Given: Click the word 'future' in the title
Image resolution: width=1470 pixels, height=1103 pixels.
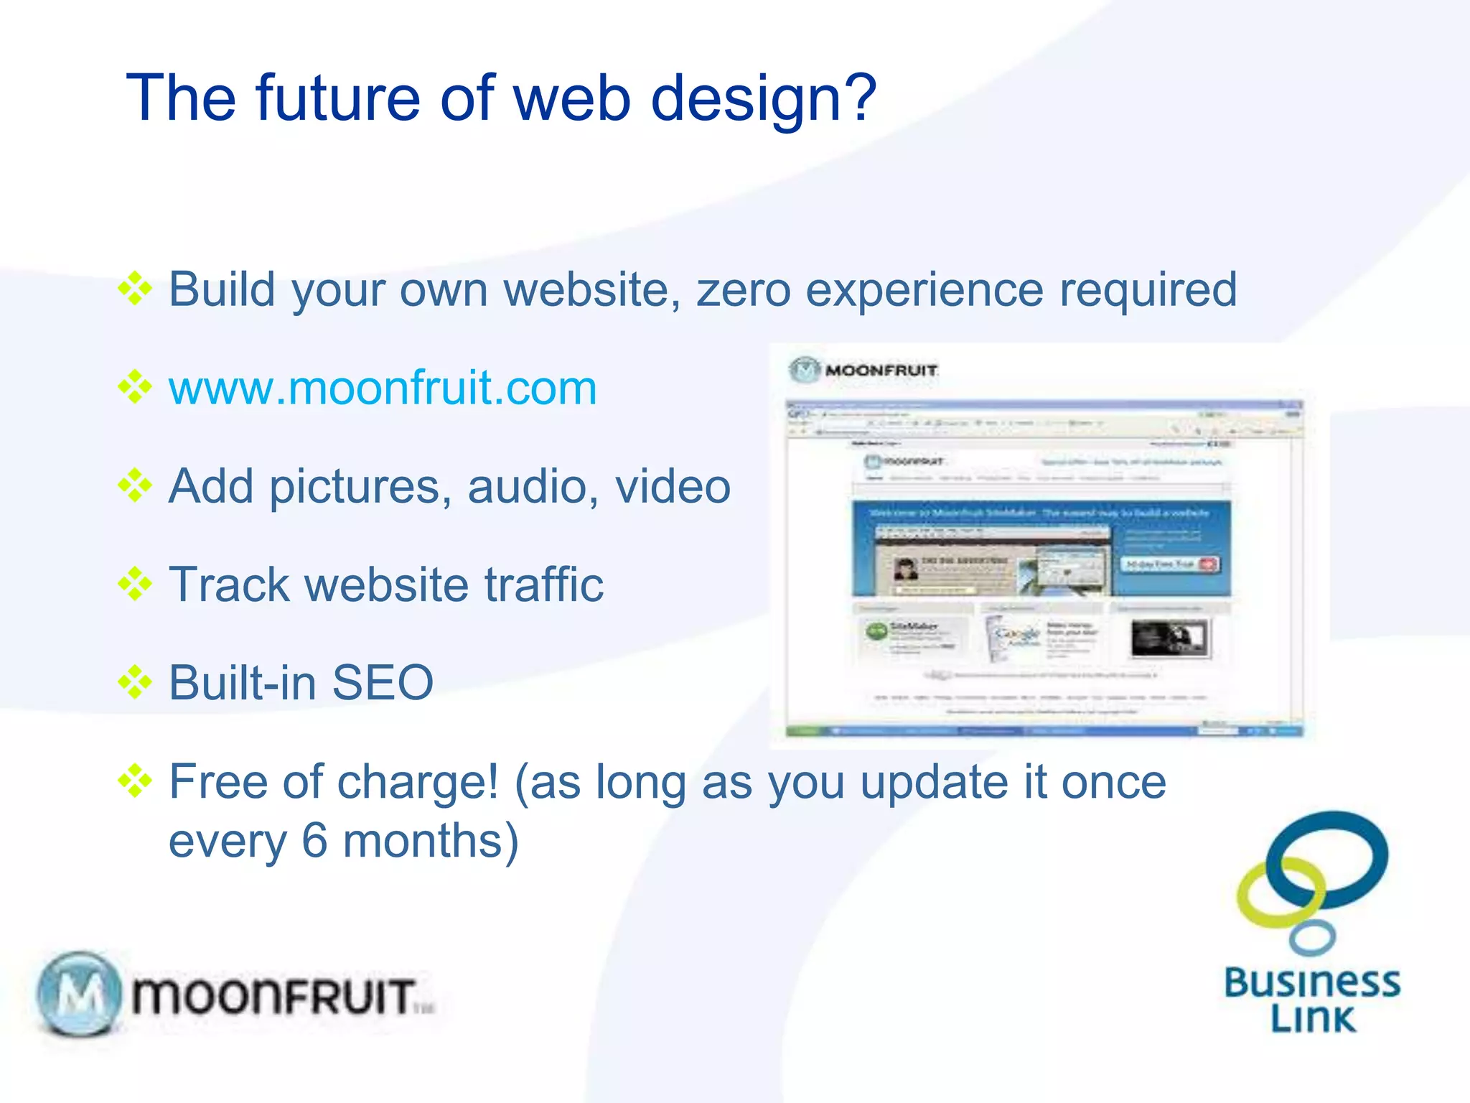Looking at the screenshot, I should click(x=337, y=98).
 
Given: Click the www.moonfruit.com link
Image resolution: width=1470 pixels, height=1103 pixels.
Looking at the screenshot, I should click(x=383, y=388).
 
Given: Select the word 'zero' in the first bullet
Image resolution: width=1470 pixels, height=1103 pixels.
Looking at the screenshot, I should click(x=744, y=290).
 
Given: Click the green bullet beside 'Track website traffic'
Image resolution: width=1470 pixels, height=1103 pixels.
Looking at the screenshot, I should click(x=135, y=584).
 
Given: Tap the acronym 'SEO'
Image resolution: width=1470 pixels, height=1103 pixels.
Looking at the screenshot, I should click(x=383, y=682).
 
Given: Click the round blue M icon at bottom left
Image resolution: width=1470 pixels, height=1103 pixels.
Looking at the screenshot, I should click(x=79, y=995).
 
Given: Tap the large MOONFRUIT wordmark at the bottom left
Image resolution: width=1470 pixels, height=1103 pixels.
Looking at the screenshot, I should click(x=273, y=996).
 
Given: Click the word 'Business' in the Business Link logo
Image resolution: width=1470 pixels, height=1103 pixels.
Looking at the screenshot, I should click(x=1312, y=982).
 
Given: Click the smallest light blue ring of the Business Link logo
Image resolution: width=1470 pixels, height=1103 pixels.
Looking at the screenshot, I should click(x=1311, y=937).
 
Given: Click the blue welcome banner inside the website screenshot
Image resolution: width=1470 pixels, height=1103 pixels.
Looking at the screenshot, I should click(x=1041, y=549).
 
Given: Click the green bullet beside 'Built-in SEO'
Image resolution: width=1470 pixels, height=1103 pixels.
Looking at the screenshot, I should click(x=135, y=682).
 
